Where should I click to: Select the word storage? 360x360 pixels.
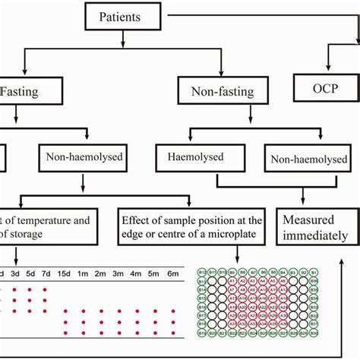point(28,235)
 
